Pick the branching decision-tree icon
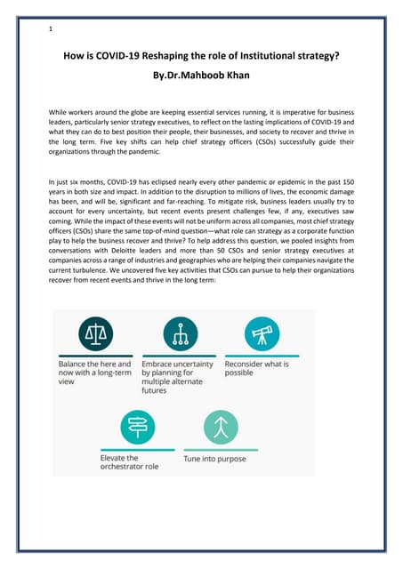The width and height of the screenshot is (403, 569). (181, 334)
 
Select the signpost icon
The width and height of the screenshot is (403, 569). (138, 429)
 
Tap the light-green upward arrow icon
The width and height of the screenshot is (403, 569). (219, 429)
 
